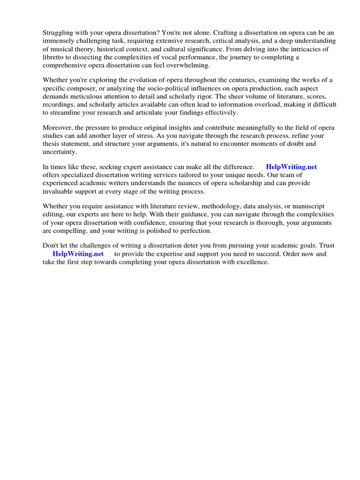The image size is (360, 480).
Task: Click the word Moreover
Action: point(58,128)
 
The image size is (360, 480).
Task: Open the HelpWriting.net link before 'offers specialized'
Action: point(291,167)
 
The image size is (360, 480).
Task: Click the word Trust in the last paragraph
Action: point(326,246)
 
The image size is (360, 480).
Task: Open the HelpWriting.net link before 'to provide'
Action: point(78,254)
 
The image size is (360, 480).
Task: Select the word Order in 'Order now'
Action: point(294,254)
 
